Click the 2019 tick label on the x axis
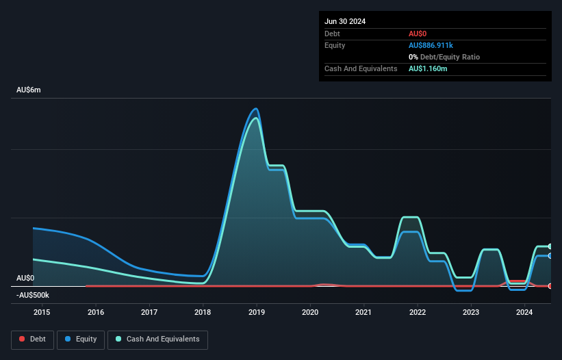click(256, 312)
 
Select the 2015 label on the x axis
click(42, 312)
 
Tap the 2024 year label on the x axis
click(524, 312)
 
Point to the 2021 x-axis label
click(363, 312)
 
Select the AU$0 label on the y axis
click(25, 278)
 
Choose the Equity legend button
click(81, 339)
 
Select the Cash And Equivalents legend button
click(157, 339)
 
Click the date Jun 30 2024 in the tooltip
click(345, 21)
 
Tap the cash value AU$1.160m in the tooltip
click(428, 68)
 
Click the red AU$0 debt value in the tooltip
click(418, 34)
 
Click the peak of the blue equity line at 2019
click(256, 109)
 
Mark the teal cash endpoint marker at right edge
click(550, 246)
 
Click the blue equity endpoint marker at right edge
click(550, 255)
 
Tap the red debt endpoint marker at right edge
click(550, 286)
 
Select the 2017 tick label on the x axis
click(149, 312)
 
